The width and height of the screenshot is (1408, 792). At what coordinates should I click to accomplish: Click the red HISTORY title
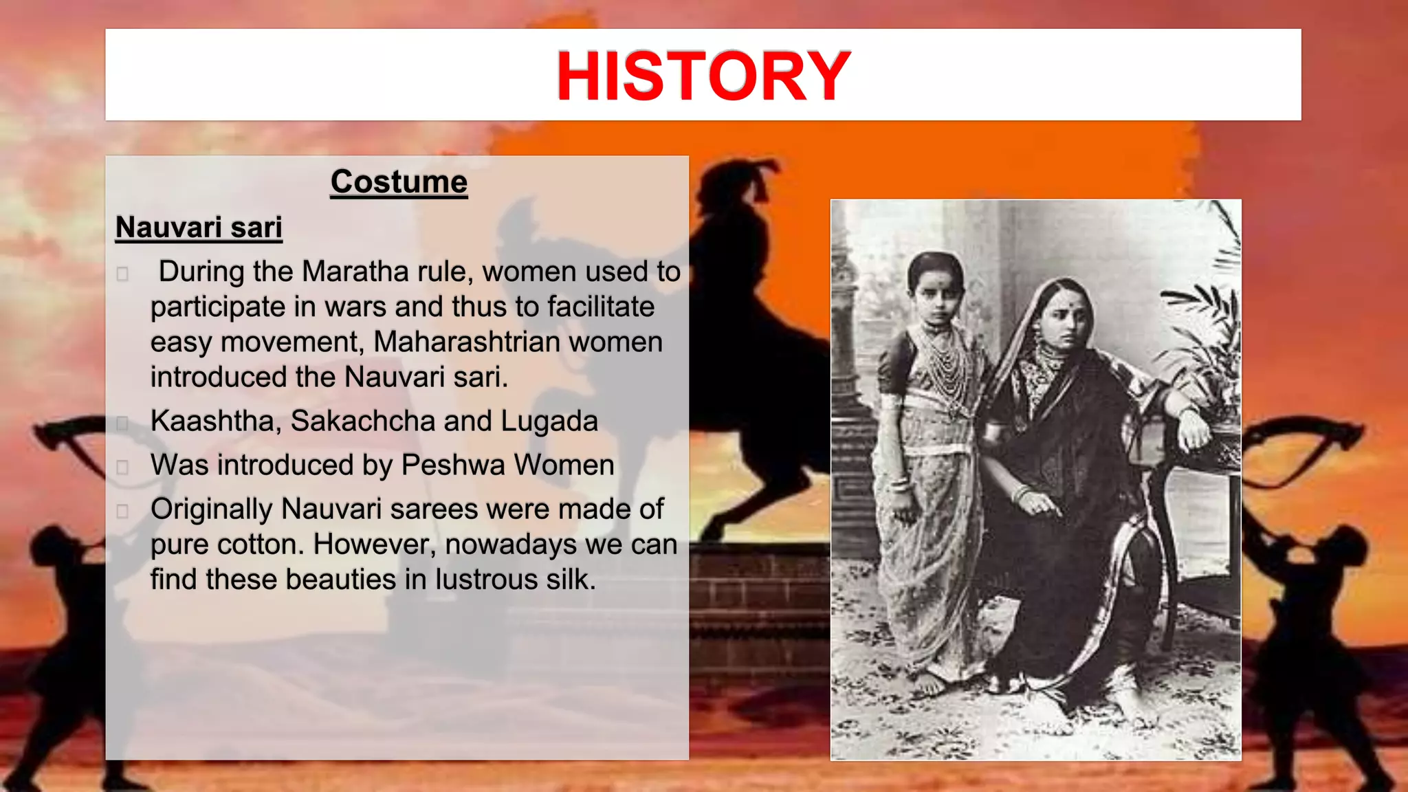point(703,76)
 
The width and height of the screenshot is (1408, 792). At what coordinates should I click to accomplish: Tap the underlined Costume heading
point(399,182)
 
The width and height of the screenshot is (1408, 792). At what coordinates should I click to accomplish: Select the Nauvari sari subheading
point(199,228)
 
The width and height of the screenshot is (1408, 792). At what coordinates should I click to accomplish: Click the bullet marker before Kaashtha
point(122,423)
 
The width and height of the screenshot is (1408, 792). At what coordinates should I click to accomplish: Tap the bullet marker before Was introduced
point(122,467)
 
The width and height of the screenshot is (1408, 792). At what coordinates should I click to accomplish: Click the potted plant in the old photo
point(1203,357)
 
